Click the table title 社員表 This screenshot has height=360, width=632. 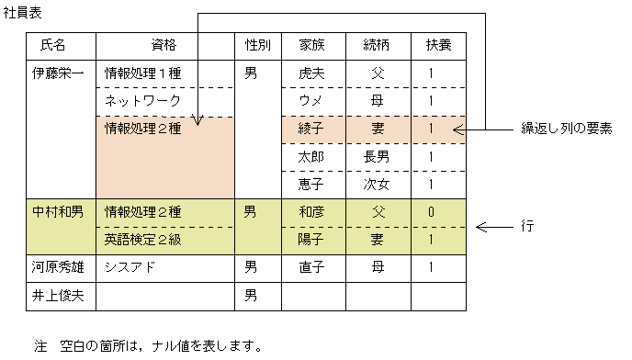tap(22, 16)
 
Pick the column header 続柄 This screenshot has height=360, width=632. tap(377, 45)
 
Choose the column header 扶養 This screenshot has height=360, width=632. tap(432, 45)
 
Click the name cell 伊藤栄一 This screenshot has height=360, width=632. tap(57, 73)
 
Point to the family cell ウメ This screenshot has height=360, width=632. tap(310, 101)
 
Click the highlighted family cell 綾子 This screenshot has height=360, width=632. tap(310, 129)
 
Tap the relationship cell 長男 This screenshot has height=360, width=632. tap(377, 157)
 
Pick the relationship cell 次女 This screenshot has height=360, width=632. tap(377, 185)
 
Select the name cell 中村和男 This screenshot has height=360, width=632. tap(57, 213)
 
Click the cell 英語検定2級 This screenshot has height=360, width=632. tap(149, 241)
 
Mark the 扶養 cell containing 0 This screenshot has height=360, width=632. tap(431, 213)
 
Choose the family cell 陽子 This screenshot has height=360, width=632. tap(310, 241)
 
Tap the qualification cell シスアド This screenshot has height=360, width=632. tap(134, 268)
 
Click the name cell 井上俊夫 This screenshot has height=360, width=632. tap(57, 296)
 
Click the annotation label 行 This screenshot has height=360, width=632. tap(527, 225)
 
